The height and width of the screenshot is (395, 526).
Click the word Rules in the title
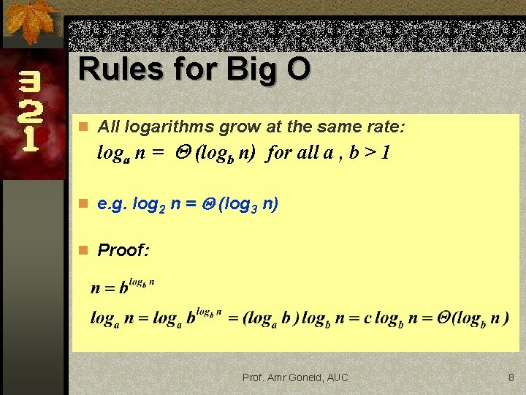point(113,69)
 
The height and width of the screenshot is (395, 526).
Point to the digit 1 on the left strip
point(30,139)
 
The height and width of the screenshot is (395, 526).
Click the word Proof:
point(123,250)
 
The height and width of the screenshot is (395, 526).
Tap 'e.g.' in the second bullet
point(113,204)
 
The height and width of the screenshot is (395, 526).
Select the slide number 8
point(511,377)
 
